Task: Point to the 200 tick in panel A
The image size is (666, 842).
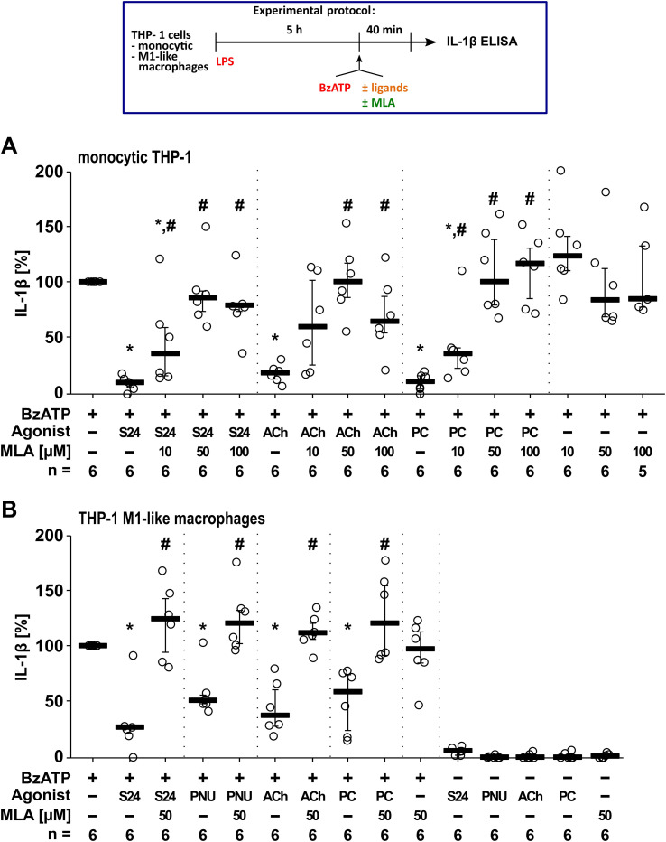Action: click(x=58, y=172)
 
